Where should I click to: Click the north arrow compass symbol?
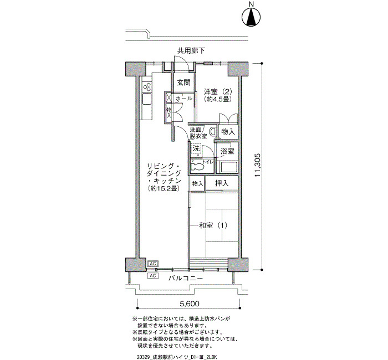click(252, 17)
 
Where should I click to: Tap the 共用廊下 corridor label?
click(191, 51)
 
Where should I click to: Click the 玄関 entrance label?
click(183, 83)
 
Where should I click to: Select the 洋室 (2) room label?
click(218, 92)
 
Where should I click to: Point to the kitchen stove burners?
click(147, 87)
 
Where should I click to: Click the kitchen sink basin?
click(147, 100)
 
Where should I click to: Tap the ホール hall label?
click(183, 99)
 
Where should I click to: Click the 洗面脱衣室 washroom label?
click(198, 132)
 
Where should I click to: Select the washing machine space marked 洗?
click(196, 149)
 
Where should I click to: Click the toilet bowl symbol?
click(197, 166)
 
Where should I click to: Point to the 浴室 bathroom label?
click(227, 151)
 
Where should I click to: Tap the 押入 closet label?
click(222, 183)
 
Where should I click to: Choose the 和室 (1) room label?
click(213, 225)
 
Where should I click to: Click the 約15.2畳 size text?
click(164, 189)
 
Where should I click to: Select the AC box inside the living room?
click(152, 264)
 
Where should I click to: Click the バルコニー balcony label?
click(186, 278)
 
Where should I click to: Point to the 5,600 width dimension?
click(188, 304)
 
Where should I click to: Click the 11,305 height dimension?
click(257, 165)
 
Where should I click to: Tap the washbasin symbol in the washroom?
click(212, 132)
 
